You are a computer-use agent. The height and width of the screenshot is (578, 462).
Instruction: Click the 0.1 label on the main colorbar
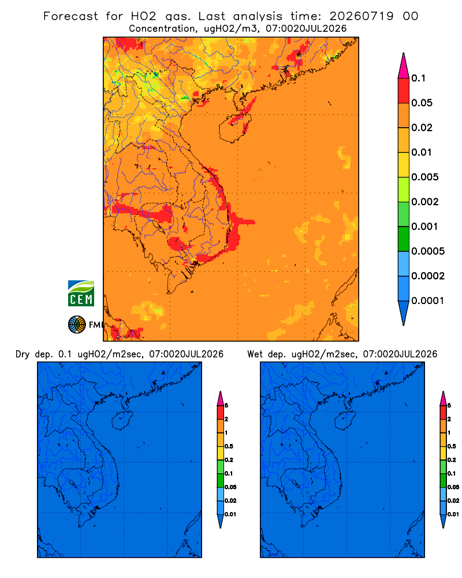coord(418,78)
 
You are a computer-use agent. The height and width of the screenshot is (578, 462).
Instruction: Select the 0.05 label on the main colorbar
coord(422,103)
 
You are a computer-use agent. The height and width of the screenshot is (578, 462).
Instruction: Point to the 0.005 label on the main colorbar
coord(425,177)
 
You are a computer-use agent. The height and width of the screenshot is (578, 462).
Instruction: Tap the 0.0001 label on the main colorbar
coord(428,301)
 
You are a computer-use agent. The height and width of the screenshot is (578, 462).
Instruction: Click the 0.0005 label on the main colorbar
coord(428,251)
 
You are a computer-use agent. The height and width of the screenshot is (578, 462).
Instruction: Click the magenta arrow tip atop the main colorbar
coord(404,65)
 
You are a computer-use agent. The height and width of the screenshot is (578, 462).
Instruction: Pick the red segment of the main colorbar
coord(404,91)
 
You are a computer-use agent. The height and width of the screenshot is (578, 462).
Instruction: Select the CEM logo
coord(81,294)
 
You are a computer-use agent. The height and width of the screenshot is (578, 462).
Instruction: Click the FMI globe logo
coord(77,324)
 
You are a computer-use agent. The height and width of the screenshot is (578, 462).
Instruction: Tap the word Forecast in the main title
coord(70,16)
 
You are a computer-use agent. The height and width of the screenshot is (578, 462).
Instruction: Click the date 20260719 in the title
coord(362,16)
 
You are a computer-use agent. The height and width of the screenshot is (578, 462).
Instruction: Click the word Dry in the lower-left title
coord(23,354)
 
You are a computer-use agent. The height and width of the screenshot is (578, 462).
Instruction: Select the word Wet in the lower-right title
coord(255,354)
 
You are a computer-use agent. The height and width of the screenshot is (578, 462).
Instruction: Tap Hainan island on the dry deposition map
coord(121,421)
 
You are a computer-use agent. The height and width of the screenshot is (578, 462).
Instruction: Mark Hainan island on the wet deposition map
coord(344,421)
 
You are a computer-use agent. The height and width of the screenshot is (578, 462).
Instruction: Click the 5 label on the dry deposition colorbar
coord(226,406)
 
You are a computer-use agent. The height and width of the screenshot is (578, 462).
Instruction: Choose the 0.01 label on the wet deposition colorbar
coord(453,514)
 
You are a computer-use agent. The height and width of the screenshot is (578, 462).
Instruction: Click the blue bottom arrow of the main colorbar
coord(404,312)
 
